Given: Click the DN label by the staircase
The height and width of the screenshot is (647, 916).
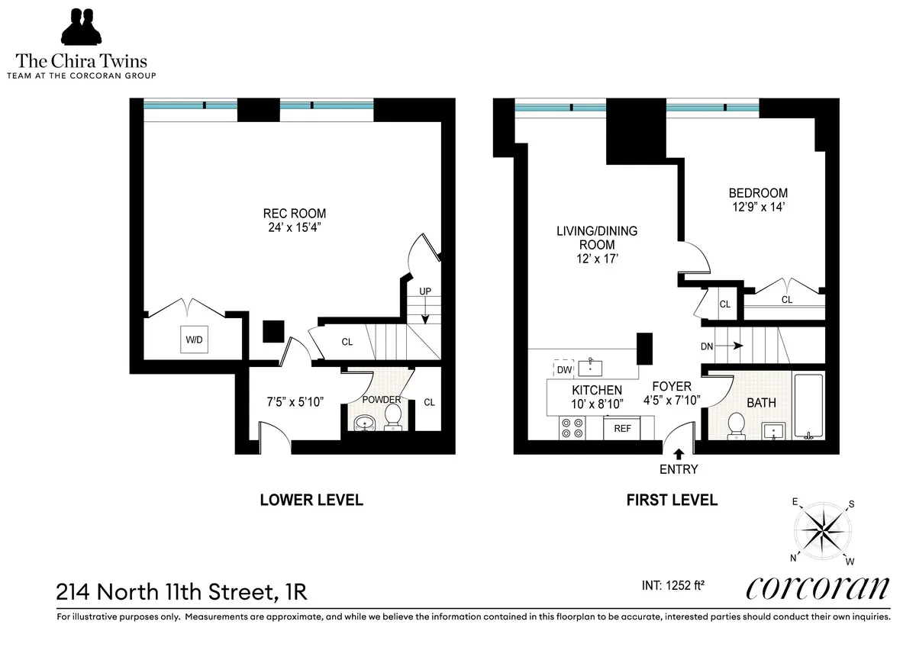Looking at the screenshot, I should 708,346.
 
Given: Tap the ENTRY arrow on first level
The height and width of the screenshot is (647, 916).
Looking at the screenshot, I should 679,455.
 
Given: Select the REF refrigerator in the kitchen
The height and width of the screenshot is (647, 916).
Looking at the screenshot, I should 623,429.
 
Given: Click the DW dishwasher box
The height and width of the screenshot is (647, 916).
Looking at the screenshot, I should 564,370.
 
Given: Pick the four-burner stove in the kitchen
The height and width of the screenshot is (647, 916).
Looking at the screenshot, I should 572,429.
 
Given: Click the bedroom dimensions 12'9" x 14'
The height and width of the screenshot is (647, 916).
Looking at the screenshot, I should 757,207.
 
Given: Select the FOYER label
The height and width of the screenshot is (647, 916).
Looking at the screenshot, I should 672,387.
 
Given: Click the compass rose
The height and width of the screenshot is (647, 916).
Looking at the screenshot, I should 824,530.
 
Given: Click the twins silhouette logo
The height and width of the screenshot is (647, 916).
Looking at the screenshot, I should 82,29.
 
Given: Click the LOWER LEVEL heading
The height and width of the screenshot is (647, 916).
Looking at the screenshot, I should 311,501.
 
